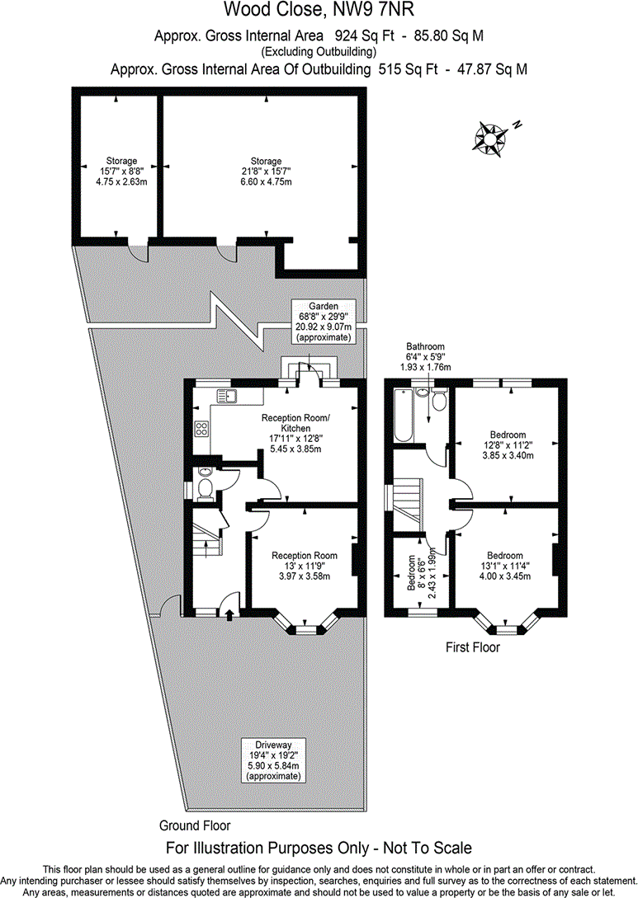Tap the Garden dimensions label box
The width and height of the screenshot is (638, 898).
[x=323, y=322]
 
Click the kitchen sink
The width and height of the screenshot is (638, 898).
[x=227, y=395]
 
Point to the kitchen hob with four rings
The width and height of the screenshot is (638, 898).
[x=201, y=429]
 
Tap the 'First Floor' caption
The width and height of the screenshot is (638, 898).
[x=472, y=647]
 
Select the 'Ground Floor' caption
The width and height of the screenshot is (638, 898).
[x=195, y=825]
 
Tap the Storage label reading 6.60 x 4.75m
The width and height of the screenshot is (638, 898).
[x=266, y=172]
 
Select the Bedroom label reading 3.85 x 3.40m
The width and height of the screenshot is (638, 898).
[x=508, y=444]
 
